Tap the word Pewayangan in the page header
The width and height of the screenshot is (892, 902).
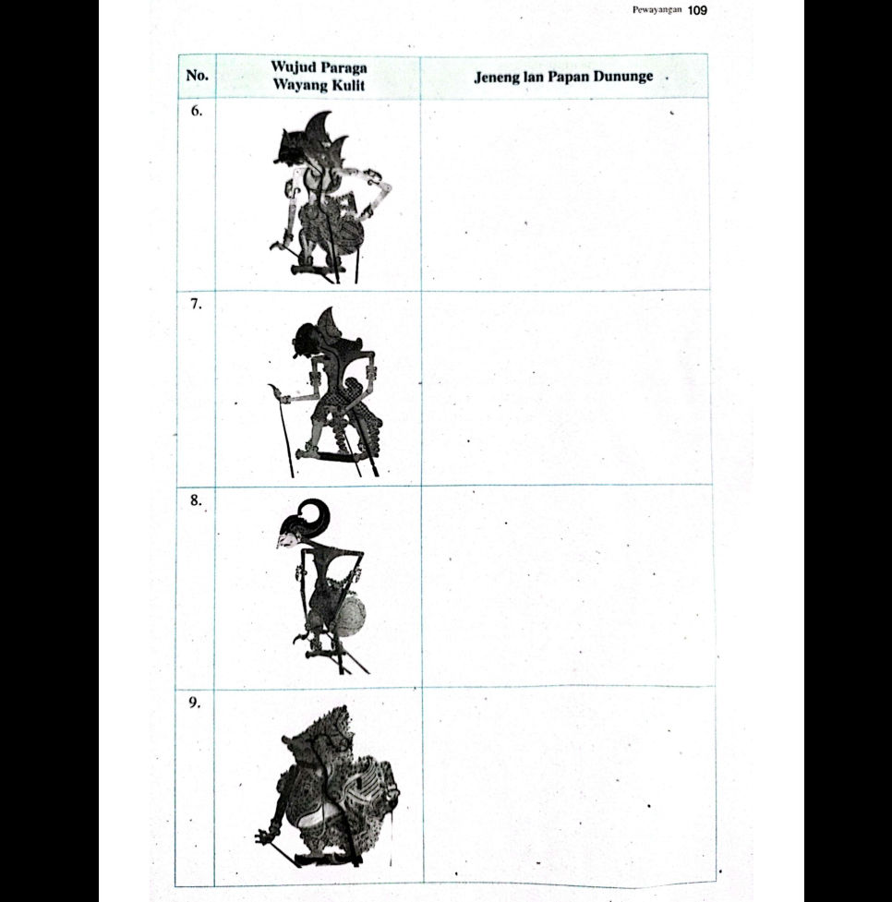click(657, 10)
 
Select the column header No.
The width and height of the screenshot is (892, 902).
click(197, 76)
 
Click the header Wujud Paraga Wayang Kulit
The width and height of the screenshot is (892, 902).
click(319, 76)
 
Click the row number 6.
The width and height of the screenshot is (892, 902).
click(196, 111)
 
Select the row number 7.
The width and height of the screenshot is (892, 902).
click(197, 305)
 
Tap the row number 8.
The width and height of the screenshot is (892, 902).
click(196, 502)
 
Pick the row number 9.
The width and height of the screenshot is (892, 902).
click(196, 703)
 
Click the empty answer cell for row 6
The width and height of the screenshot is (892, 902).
click(565, 194)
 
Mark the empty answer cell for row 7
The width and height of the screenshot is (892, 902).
click(565, 388)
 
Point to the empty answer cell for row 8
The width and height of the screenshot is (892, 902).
click(565, 585)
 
